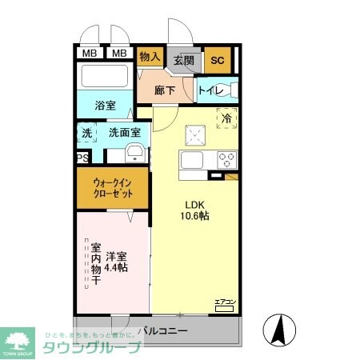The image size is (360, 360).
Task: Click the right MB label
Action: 118,54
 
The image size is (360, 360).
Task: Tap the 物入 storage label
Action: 150,57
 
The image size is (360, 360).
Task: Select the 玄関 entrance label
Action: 183,59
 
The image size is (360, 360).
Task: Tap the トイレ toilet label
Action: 210,90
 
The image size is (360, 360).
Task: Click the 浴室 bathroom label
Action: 106,104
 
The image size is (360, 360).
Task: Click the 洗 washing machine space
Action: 86,133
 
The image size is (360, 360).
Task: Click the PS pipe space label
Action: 82,158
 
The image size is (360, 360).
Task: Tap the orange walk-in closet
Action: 112,190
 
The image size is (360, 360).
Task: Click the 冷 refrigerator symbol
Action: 226,118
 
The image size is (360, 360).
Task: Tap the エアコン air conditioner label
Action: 223,302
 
